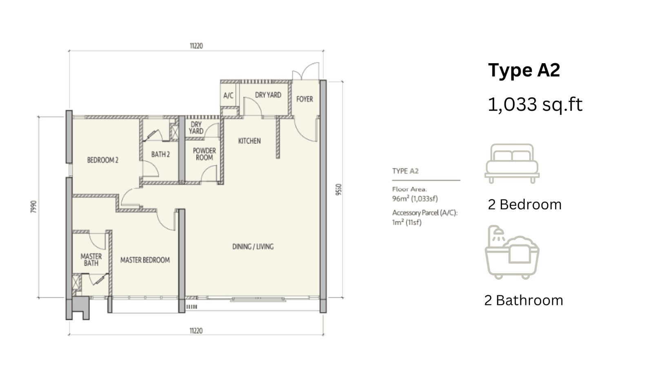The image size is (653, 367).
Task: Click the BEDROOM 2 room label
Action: click(x=102, y=160)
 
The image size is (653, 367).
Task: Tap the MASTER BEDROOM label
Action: click(x=145, y=260)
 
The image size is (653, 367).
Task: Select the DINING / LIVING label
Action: click(x=253, y=247)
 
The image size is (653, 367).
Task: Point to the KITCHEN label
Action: click(x=249, y=141)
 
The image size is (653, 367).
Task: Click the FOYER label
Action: click(x=304, y=99)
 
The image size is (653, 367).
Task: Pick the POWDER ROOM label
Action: click(x=204, y=154)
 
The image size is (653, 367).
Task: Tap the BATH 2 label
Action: click(x=160, y=155)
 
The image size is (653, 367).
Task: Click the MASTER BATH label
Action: click(x=91, y=260)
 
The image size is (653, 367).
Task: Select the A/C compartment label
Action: click(x=228, y=95)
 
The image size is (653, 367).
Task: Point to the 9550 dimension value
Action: click(x=338, y=190)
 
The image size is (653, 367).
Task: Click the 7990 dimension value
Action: click(x=33, y=207)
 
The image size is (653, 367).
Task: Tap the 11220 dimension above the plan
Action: click(x=196, y=46)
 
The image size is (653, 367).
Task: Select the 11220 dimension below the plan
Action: click(x=196, y=331)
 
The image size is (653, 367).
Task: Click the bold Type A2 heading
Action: click(x=524, y=70)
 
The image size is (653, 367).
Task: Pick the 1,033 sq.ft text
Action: click(x=535, y=104)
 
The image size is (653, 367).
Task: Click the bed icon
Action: click(x=512, y=164)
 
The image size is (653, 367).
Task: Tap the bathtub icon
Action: click(x=512, y=252)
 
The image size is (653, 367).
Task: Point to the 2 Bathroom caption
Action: click(x=524, y=300)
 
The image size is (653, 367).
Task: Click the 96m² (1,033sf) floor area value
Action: click(x=415, y=199)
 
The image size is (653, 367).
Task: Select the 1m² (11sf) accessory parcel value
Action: click(x=406, y=223)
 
